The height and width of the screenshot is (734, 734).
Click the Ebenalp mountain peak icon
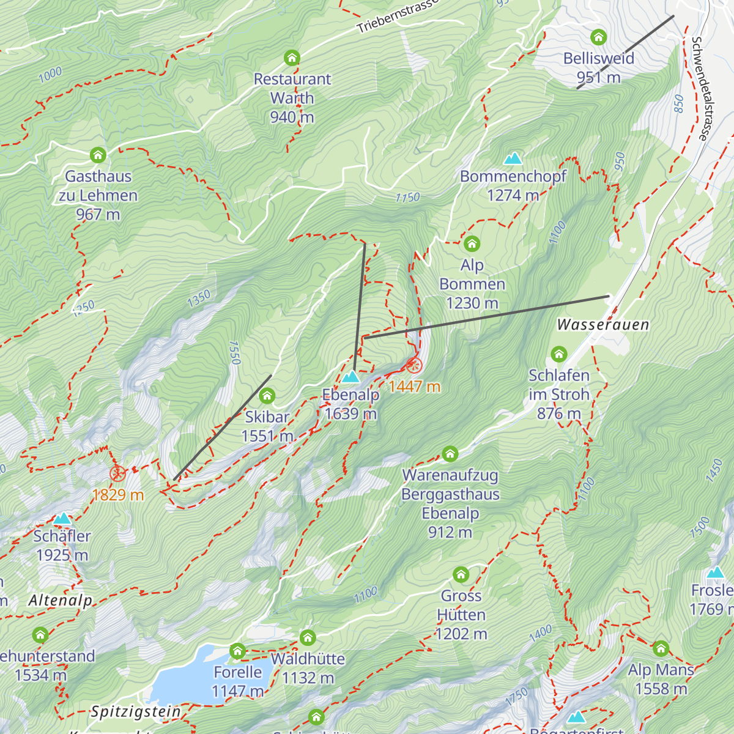(x=350, y=376)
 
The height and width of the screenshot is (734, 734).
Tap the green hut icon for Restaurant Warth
(x=292, y=58)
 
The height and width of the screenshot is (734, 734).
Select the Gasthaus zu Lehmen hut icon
(x=98, y=155)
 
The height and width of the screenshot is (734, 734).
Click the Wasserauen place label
(x=602, y=325)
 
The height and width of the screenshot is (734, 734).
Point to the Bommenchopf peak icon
(x=513, y=159)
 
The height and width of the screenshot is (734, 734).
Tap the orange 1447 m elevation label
(x=414, y=387)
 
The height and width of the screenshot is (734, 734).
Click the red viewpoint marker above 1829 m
(x=117, y=473)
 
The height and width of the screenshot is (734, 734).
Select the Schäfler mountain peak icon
(x=62, y=519)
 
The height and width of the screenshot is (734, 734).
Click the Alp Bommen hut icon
(x=472, y=244)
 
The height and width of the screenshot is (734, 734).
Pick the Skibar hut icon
(x=267, y=396)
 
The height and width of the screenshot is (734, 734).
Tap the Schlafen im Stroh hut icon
(x=558, y=354)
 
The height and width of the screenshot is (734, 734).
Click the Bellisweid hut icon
(x=598, y=37)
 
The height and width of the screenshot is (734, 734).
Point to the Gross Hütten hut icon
(x=461, y=575)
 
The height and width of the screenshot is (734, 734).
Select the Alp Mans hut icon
(x=661, y=648)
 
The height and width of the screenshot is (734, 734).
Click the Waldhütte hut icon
(x=308, y=638)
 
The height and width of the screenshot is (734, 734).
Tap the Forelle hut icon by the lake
(x=237, y=651)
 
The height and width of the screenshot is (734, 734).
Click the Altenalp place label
(x=60, y=601)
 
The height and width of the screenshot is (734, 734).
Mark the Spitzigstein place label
(x=136, y=712)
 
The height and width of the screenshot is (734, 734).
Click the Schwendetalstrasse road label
(x=699, y=88)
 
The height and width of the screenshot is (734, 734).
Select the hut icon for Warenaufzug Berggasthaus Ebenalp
(x=450, y=454)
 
